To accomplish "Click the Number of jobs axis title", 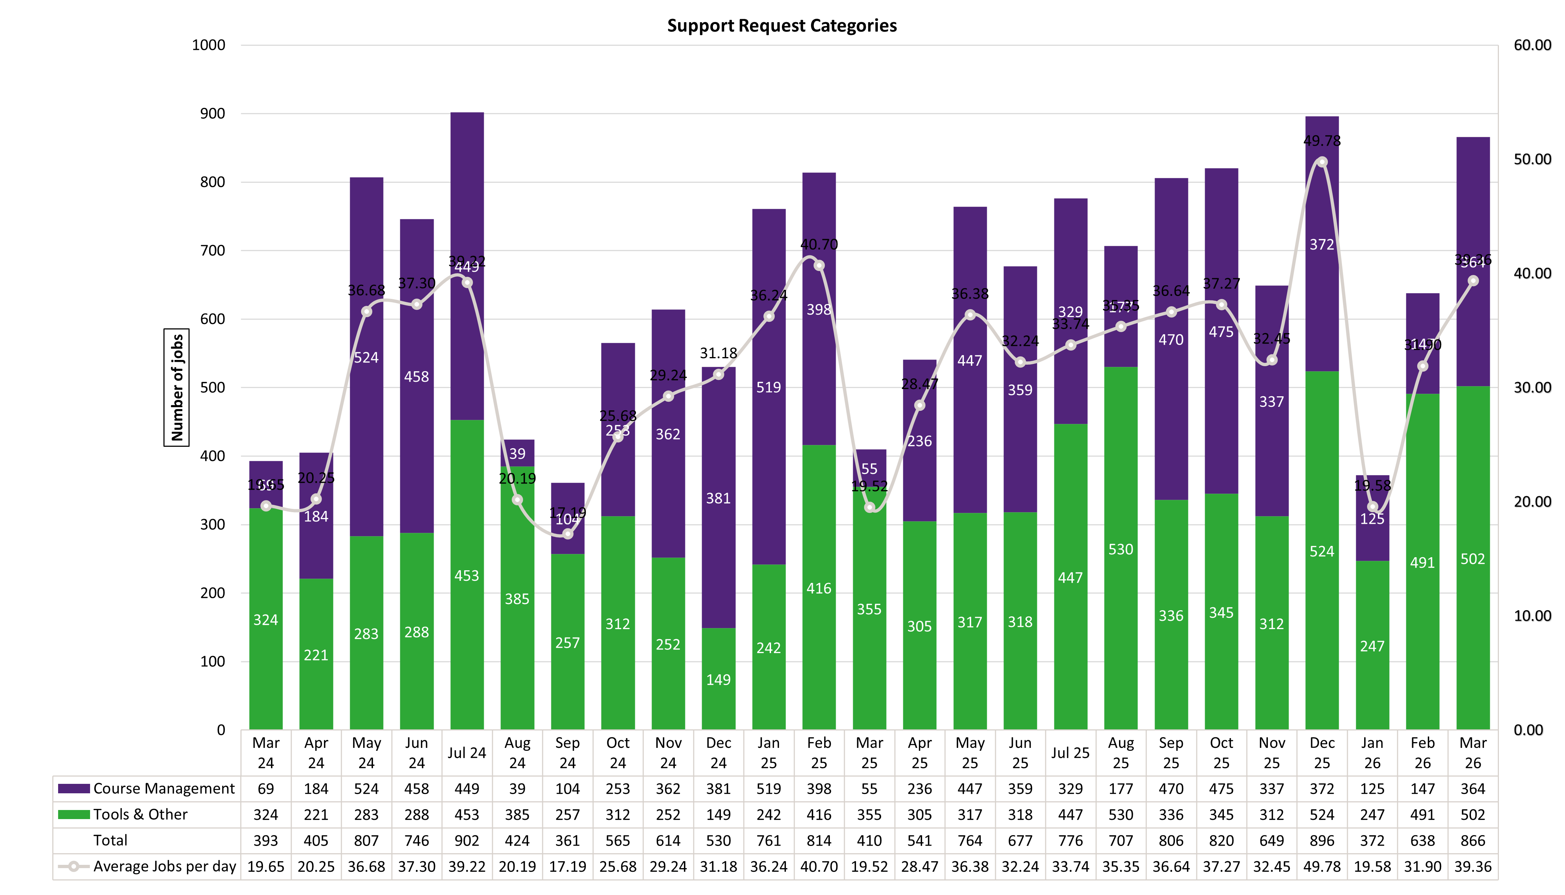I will [x=177, y=387].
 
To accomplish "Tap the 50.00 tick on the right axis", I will [x=1532, y=159].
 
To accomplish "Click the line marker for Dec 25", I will [x=1322, y=162].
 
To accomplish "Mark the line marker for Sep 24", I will [x=568, y=534].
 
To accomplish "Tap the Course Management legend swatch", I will [x=74, y=789].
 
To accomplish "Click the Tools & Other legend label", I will [x=140, y=814].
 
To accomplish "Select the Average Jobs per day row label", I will [x=164, y=867].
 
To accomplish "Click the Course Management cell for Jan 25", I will [x=769, y=789].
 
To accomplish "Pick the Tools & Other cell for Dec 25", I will [x=1322, y=814].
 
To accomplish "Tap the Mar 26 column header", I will [x=1473, y=753].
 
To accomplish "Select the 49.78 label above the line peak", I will [x=1322, y=141].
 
